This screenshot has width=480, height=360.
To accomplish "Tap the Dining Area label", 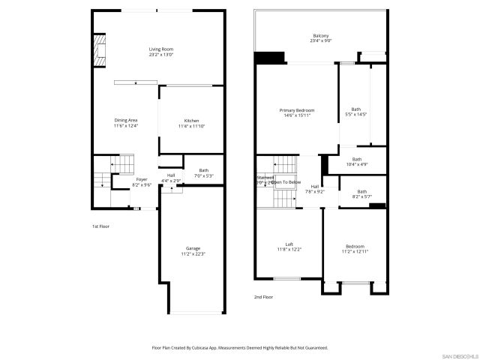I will coord(125,123).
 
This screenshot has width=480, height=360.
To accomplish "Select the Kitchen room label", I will coord(191,124).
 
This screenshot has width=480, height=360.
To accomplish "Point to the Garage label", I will coord(193,251).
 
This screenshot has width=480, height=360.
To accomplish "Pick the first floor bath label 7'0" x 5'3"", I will coord(204,173).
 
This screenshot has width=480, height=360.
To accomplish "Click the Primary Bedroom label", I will coord(297,112).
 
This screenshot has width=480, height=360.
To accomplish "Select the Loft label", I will coord(289,246).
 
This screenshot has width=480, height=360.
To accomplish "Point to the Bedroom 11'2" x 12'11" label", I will coord(355,249).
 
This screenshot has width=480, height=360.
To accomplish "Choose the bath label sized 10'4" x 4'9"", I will coord(357,161).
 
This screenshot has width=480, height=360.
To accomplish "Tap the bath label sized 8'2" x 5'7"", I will coord(362,194).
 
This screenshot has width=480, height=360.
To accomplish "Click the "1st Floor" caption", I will coord(100,226).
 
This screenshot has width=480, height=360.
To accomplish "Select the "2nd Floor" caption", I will coord(262,297).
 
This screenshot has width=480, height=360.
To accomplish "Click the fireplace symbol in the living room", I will coord(97,50).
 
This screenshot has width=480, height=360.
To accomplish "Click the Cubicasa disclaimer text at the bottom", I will coord(240,347).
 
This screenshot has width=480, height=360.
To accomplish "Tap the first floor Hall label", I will coord(172,178).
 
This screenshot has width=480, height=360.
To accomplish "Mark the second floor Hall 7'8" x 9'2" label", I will coord(315,189).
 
